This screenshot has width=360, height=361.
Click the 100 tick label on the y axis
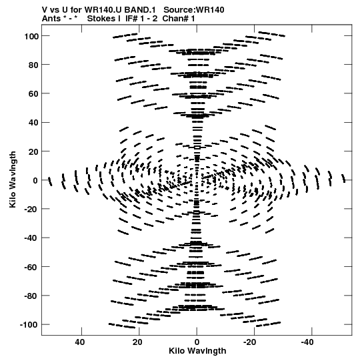click(x=31, y=36)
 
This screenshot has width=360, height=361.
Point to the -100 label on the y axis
click(x=29, y=325)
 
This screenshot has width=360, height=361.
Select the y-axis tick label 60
click(x=33, y=93)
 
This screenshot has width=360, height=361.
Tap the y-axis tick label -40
click(x=31, y=238)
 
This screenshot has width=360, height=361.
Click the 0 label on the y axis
click(x=35, y=180)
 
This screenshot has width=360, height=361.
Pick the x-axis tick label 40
click(x=79, y=342)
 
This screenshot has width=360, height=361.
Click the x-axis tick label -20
click(x=250, y=342)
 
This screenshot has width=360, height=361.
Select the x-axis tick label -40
click(x=307, y=342)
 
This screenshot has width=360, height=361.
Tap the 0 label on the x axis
click(x=197, y=342)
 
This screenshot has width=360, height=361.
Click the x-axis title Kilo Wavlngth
click(x=197, y=351)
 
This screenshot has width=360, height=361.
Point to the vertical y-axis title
click(x=13, y=179)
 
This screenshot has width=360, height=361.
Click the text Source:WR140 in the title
click(x=194, y=10)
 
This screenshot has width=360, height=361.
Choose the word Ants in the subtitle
click(x=51, y=19)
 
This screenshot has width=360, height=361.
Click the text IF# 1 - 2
click(x=141, y=19)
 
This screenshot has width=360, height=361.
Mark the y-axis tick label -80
click(x=31, y=296)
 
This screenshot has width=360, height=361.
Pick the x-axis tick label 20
click(x=137, y=342)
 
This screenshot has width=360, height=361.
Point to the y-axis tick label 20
click(x=33, y=151)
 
